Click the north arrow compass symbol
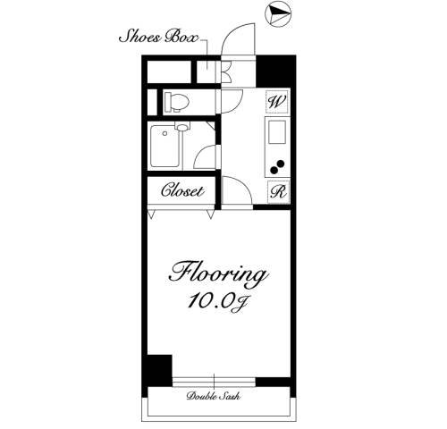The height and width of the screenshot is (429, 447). point(278,14)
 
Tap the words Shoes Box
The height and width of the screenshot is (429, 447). point(158,37)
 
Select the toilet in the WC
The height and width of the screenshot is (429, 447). point(177,102)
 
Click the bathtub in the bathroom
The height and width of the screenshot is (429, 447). point(165,146)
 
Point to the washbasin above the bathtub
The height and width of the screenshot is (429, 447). point(182,127)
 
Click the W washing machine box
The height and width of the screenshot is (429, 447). point(277,102)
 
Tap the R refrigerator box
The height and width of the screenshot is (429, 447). point(279,192)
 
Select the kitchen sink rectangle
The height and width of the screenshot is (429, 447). point(277,131)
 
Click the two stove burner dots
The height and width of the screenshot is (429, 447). point(277,167)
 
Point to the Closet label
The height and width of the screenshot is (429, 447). point(182,190)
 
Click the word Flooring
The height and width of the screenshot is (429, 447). point(219,274)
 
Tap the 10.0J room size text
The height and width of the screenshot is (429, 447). point(217,302)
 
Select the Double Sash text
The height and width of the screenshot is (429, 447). point(214,396)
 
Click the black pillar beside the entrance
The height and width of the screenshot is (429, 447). point(274,71)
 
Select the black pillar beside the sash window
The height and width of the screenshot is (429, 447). point(157,370)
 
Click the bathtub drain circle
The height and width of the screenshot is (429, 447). point(164,134)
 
